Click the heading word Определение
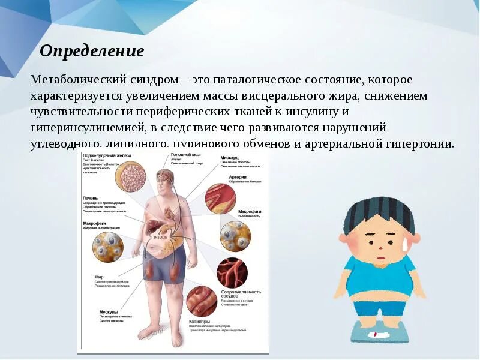coord(92,50)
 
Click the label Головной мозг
coord(187,154)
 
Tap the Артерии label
coord(238,178)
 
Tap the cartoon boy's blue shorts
coord(375,307)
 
